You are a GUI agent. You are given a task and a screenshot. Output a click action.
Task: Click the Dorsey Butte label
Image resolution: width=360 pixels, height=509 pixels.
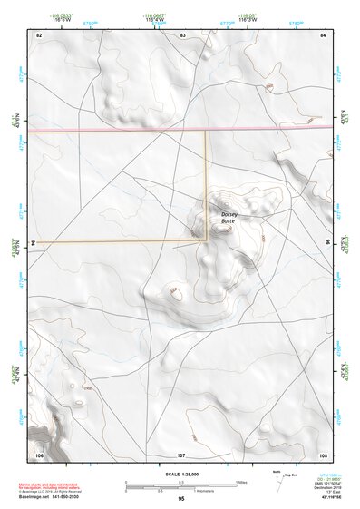(228, 217)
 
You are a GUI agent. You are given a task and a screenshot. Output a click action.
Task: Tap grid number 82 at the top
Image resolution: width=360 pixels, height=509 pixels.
(39, 34)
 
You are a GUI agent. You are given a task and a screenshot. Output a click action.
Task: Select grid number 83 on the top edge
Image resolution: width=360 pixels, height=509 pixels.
(182, 34)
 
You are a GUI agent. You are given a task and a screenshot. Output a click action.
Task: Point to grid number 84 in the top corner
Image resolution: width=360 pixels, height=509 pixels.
(324, 34)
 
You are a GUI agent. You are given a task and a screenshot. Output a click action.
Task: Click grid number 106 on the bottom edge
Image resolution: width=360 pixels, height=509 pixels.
(39, 453)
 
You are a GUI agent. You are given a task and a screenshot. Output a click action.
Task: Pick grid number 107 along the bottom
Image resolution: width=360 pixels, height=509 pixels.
(181, 453)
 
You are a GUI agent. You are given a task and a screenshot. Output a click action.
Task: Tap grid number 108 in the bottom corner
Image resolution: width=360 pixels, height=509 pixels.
(323, 453)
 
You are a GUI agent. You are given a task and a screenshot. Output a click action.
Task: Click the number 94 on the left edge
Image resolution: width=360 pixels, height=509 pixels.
(34, 243)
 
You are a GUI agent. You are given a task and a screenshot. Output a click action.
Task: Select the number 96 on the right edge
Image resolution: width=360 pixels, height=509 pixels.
(329, 243)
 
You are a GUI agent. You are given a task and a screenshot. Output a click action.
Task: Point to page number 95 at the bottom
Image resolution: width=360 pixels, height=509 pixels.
(181, 499)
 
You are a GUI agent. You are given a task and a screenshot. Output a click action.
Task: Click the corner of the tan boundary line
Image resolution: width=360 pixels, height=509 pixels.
(208, 240)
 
